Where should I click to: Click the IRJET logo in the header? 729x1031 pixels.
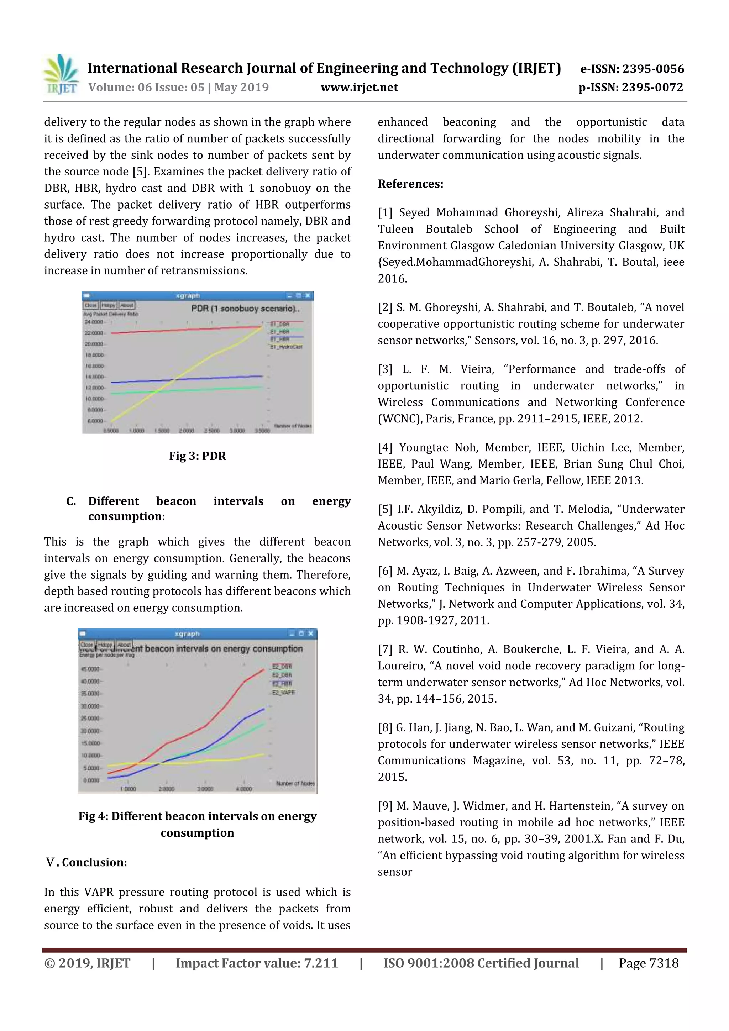click(x=61, y=74)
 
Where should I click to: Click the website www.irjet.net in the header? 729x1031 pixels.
click(x=359, y=87)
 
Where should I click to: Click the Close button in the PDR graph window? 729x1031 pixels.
click(x=91, y=305)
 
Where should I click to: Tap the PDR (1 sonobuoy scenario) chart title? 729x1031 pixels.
click(x=245, y=309)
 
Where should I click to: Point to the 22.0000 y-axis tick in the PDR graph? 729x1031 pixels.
click(x=94, y=333)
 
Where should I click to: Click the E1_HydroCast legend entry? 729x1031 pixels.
click(x=286, y=347)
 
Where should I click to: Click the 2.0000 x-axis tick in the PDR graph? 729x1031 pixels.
click(x=187, y=431)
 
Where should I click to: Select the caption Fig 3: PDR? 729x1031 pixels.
click(x=197, y=456)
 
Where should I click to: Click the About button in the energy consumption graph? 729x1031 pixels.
click(x=124, y=645)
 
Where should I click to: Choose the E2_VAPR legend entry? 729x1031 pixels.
click(x=283, y=693)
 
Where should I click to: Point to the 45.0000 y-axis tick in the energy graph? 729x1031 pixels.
click(x=90, y=669)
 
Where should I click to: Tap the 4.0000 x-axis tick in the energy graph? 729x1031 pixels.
click(x=244, y=789)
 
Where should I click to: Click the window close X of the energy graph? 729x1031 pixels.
click(x=310, y=633)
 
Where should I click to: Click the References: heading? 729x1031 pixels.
click(x=410, y=184)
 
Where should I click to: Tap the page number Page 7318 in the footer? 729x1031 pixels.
click(x=648, y=963)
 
